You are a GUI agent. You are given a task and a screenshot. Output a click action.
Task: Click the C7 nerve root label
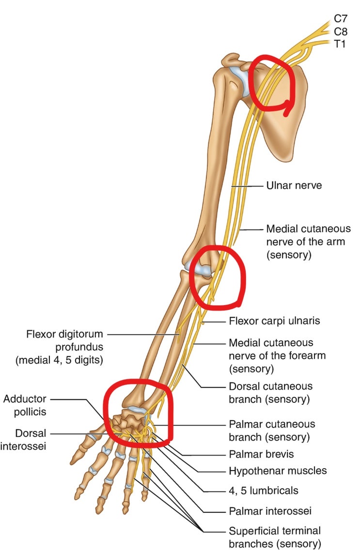click(340, 18)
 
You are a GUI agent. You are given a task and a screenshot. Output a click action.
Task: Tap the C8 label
click(340, 31)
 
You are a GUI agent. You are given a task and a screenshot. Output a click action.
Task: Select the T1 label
click(340, 44)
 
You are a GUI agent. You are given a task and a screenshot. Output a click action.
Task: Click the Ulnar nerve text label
click(294, 185)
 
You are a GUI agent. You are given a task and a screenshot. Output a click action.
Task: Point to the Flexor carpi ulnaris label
click(274, 321)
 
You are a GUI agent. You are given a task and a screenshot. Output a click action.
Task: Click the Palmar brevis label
click(262, 454)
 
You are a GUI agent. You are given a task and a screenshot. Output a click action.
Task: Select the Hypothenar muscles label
click(278, 471)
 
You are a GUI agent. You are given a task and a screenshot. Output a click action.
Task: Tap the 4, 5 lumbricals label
click(264, 490)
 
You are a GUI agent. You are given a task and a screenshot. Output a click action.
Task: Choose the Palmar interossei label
click(270, 511)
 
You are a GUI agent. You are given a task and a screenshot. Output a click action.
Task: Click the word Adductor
click(25, 399)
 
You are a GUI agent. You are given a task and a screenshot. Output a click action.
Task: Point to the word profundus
click(79, 347)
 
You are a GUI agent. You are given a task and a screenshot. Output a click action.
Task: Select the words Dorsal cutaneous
click(270, 386)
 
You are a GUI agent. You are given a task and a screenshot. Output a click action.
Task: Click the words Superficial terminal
click(275, 531)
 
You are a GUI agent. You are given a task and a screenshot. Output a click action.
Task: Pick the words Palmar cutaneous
click(272, 424)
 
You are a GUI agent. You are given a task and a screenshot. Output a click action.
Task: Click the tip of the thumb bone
click(73, 461)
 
